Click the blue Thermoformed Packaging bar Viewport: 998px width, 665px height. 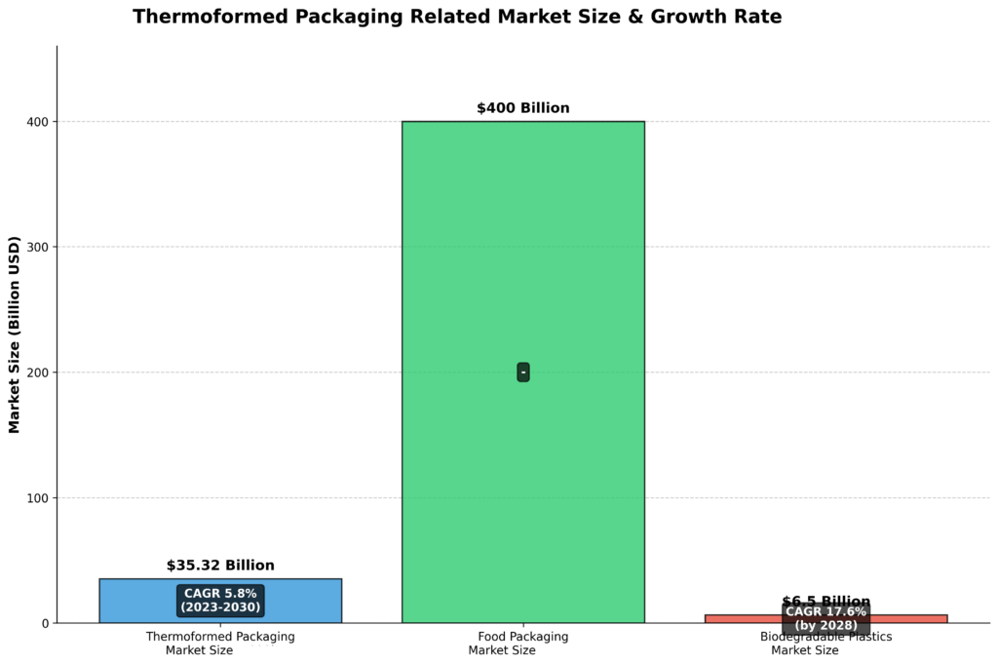click(x=127, y=601)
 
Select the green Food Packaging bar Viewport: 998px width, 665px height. click(x=522, y=273)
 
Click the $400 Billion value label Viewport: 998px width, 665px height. click(x=522, y=108)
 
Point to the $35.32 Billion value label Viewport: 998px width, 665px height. click(x=220, y=566)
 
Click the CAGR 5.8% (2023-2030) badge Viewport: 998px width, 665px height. click(x=220, y=600)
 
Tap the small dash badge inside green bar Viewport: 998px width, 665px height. click(x=523, y=372)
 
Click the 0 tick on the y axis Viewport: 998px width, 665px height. click(x=45, y=623)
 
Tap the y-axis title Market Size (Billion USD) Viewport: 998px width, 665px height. click(x=15, y=334)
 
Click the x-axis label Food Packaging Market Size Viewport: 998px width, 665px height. click(x=522, y=644)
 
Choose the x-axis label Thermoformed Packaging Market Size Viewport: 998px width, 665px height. click(x=220, y=644)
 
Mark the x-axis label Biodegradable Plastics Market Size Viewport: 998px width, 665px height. click(x=825, y=644)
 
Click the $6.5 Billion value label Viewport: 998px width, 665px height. click(x=825, y=602)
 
